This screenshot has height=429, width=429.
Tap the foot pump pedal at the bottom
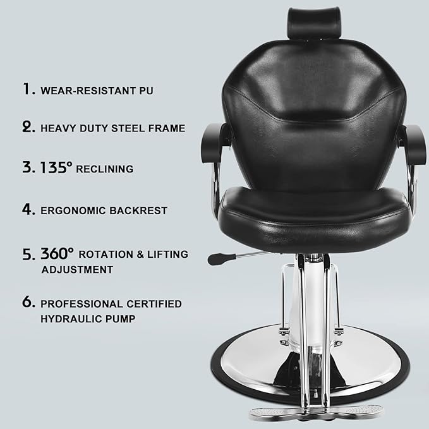tap(316, 412)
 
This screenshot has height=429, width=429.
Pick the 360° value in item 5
tap(57, 253)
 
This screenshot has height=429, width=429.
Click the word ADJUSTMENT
tap(77, 270)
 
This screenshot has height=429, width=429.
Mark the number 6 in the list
tap(28, 303)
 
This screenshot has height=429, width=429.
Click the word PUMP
tap(121, 319)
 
